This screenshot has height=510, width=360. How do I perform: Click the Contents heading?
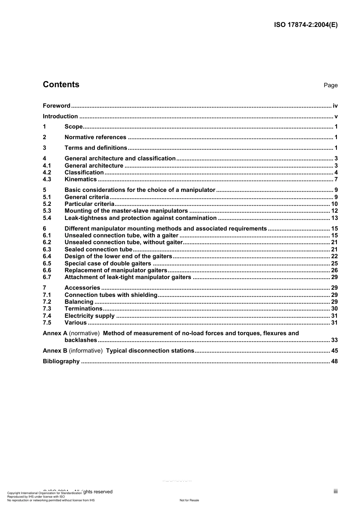tap(61, 85)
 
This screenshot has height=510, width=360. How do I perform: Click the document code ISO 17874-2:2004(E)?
tap(305, 25)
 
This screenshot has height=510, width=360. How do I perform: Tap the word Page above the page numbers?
tap(330, 85)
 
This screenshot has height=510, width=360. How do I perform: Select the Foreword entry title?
tap(56, 106)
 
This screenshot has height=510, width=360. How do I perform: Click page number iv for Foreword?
tap(335, 106)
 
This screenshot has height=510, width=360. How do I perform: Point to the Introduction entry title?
tap(60, 116)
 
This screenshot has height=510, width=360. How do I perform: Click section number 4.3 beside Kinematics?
tap(47, 179)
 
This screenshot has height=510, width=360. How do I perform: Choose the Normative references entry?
tap(95, 137)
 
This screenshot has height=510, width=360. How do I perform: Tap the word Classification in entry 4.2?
tap(84, 173)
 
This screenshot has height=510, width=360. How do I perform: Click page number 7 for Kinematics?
tap(336, 179)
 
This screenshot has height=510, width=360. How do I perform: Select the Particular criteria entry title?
tap(89, 204)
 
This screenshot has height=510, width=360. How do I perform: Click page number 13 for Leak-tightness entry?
tap(334, 218)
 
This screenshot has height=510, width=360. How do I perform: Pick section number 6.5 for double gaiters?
tap(47, 264)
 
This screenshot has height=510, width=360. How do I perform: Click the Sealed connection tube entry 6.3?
tap(98, 250)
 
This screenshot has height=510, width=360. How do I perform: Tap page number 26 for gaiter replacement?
tap(334, 270)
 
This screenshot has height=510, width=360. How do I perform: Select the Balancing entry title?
tap(79, 302)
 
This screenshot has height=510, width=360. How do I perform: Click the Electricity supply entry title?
tap(89, 316)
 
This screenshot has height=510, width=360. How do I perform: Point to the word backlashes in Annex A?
tap(81, 340)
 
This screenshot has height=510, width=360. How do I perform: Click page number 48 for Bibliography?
tap(334, 361)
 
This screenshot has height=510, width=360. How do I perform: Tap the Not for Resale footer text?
tap(189, 500)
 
